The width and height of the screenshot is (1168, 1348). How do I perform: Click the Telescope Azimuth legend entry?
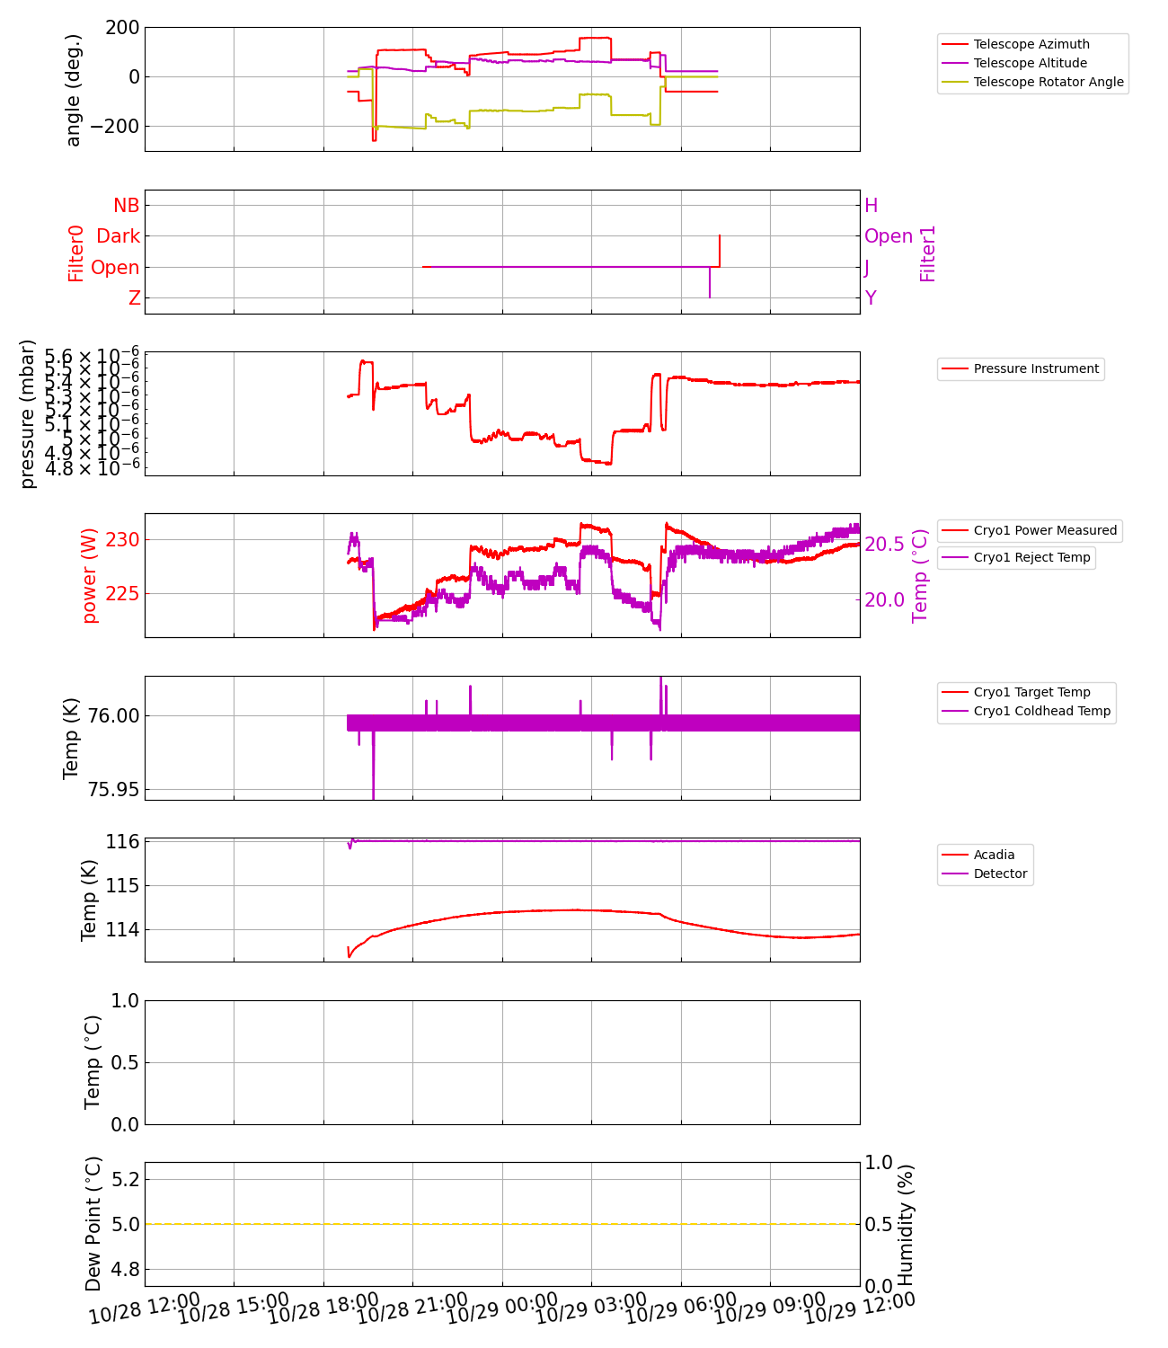click(x=1031, y=44)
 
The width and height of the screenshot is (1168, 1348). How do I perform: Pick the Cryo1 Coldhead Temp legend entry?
click(x=1041, y=711)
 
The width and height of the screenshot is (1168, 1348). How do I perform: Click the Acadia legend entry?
click(x=994, y=855)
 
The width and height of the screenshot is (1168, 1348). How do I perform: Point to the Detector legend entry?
click(x=1000, y=874)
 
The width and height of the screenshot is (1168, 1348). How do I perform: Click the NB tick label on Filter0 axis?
click(x=126, y=206)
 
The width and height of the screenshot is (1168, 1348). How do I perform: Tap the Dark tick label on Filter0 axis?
click(x=118, y=236)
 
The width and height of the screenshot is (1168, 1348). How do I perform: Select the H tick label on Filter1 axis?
click(x=871, y=206)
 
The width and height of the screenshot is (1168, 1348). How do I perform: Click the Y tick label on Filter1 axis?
click(x=870, y=298)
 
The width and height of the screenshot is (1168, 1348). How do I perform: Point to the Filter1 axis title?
click(x=927, y=253)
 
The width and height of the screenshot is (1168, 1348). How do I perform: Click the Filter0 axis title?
click(x=76, y=253)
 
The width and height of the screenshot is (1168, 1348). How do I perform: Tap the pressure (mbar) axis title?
click(x=28, y=414)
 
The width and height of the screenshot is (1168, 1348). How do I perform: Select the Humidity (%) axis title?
click(x=906, y=1224)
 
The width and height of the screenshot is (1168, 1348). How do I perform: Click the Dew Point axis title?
click(x=93, y=1224)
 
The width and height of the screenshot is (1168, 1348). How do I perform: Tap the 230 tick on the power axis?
click(x=123, y=540)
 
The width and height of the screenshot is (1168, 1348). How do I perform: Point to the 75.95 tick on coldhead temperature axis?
click(x=114, y=790)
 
